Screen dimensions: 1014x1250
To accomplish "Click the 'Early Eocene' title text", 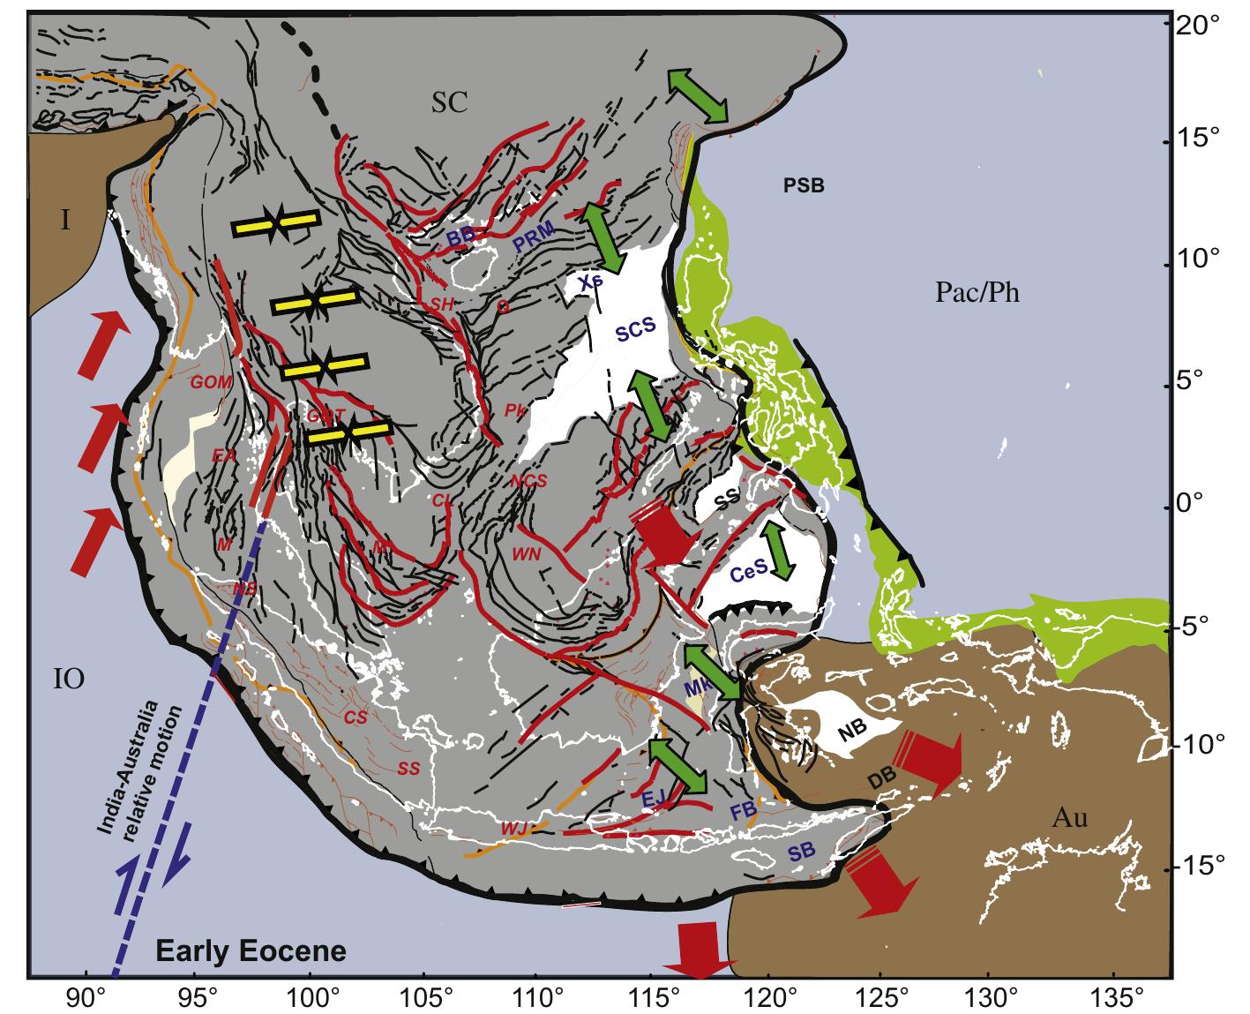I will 251,951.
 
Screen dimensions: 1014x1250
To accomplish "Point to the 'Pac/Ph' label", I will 977,292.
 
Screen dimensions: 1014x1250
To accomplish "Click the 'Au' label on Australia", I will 1069,818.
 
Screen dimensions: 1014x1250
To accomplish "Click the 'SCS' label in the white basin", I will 635,332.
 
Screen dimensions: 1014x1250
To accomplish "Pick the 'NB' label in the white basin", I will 851,727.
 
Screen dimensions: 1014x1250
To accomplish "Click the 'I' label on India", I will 65,221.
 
